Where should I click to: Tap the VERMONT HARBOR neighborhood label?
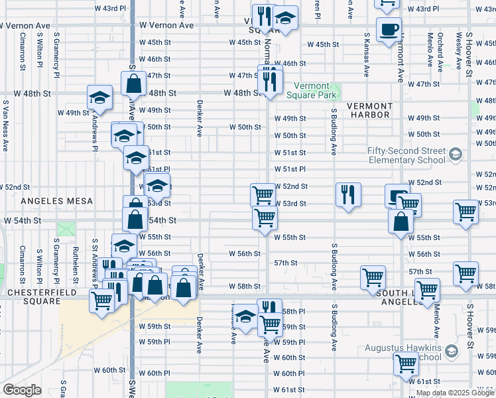[370, 110]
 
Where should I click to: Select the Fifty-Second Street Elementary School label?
[406, 155]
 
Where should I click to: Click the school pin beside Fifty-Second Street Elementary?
[455, 155]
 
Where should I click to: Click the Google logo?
[22, 390]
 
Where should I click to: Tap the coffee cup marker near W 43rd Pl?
[389, 29]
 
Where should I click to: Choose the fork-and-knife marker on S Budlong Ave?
[347, 195]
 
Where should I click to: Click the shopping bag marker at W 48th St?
[134, 84]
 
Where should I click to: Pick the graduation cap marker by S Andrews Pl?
[99, 98]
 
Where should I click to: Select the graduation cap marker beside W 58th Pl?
[245, 316]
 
